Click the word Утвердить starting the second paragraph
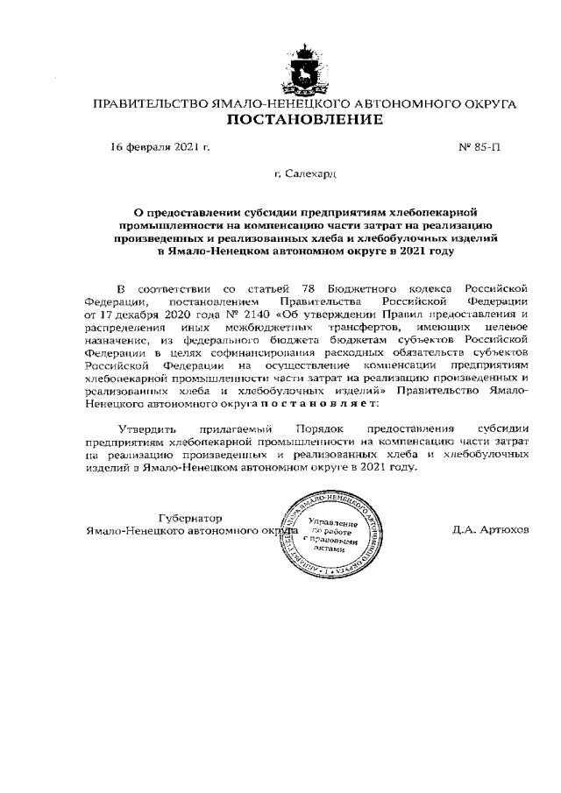click(x=147, y=430)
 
